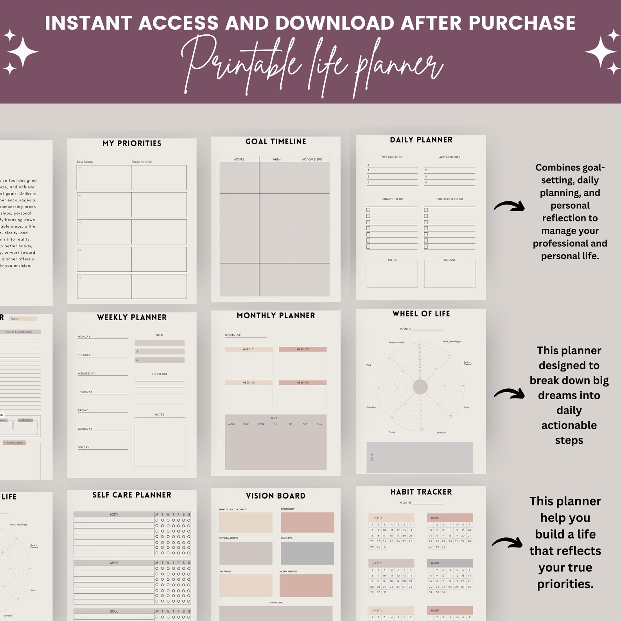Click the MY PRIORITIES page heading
click(x=132, y=144)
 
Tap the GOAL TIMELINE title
click(x=276, y=142)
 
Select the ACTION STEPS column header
click(x=312, y=160)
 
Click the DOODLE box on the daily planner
click(x=450, y=274)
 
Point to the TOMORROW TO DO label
click(x=449, y=199)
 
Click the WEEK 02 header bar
click(x=302, y=349)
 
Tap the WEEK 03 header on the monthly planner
click(x=248, y=382)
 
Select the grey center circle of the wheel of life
click(x=420, y=387)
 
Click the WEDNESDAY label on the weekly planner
click(x=86, y=373)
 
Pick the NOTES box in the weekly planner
click(x=160, y=442)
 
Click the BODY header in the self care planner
click(x=114, y=514)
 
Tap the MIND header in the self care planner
click(x=114, y=563)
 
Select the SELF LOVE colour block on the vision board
click(x=307, y=553)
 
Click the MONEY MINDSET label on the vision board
click(x=288, y=571)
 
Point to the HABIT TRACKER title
click(x=421, y=492)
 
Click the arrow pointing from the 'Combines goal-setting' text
click(x=509, y=206)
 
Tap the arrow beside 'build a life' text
click(x=507, y=542)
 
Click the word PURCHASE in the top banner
click(x=522, y=23)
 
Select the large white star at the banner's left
click(x=23, y=52)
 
